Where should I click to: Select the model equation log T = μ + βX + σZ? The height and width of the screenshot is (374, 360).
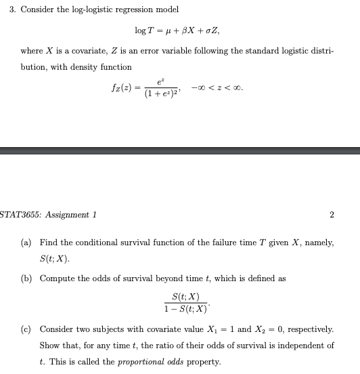click(x=177, y=31)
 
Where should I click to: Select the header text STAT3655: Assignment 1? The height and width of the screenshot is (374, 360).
click(x=48, y=215)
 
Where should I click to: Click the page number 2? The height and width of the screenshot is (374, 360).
click(x=331, y=215)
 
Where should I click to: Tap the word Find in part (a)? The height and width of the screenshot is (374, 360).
click(x=48, y=242)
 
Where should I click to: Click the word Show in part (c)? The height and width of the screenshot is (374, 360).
click(x=50, y=345)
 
